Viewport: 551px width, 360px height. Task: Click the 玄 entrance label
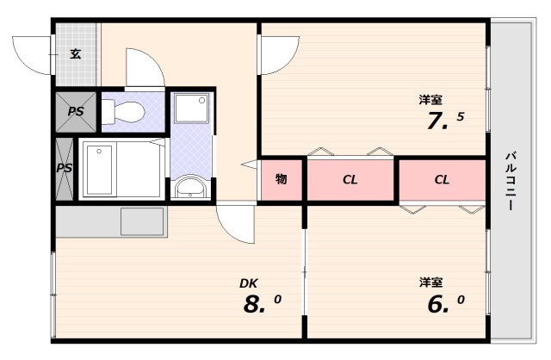click(76, 54)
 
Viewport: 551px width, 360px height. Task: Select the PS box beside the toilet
click(75, 112)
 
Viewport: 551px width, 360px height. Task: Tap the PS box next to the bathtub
click(65, 168)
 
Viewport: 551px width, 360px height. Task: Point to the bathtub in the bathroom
click(121, 170)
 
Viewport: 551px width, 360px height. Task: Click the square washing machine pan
click(189, 110)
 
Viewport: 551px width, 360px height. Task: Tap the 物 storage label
click(281, 180)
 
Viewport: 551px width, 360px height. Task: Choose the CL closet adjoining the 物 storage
click(350, 180)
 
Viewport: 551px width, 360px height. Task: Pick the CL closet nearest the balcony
click(442, 180)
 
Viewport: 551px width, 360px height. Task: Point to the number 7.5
click(444, 121)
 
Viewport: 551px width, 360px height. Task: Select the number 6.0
click(444, 304)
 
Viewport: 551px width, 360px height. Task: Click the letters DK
click(249, 282)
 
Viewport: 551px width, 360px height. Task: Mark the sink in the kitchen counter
click(142, 220)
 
